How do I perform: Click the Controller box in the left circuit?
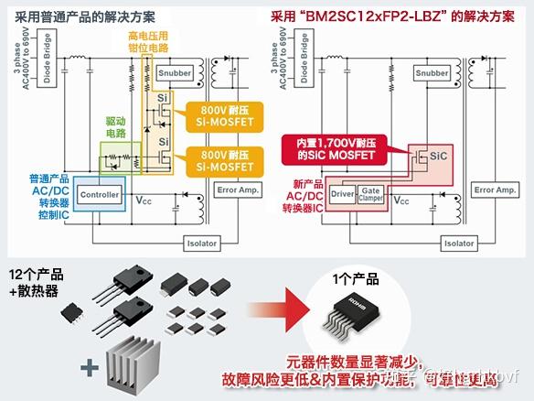101,194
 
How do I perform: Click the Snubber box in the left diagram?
175,72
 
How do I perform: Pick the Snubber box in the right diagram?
432,72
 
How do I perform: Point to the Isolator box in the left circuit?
202,244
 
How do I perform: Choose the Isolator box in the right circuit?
458,244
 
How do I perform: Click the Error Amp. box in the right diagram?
494,190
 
